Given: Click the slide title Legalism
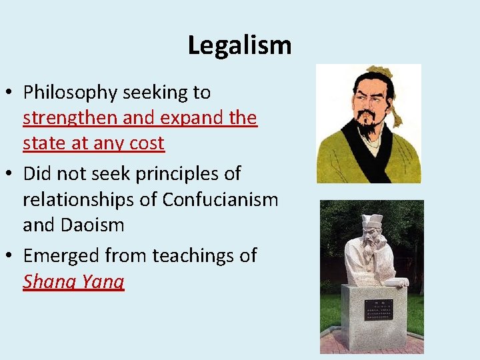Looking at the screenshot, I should tap(239, 46).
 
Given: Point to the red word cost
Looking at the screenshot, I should tap(147, 143).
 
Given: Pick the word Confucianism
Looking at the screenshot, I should tap(220, 199).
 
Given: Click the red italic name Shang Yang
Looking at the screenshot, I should tap(73, 281).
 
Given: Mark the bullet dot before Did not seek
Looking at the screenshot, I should tap(13, 175).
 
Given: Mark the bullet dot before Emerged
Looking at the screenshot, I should tap(13, 256).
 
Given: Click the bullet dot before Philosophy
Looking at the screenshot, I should tap(13, 93).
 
